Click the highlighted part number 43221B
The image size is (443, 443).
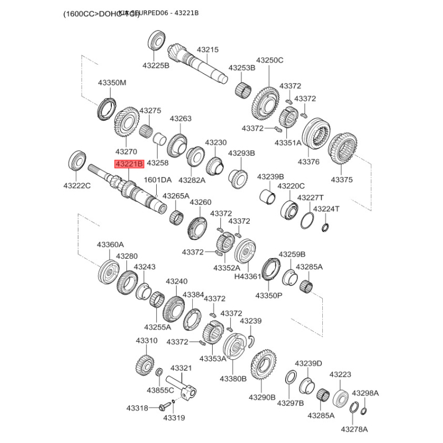coord(128,163)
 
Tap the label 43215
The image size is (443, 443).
coord(208,49)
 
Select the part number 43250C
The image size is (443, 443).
coord(269,60)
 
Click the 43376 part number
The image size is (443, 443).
coord(308,162)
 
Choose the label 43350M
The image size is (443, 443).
coord(112,83)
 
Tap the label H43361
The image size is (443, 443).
coord(248,277)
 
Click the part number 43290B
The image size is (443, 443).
coord(262,397)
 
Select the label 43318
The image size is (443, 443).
coord(137,408)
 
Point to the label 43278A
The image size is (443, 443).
coord(354,429)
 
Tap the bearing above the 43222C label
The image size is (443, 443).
coord(76,161)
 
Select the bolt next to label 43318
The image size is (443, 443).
coord(162,408)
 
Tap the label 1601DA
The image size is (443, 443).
coord(158,179)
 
